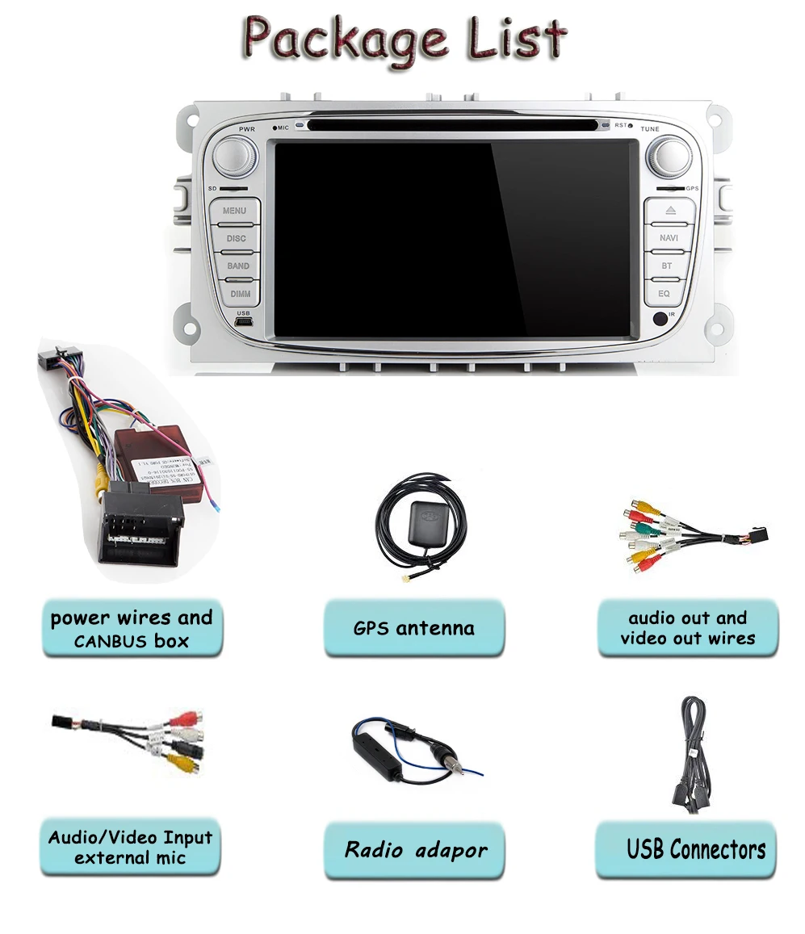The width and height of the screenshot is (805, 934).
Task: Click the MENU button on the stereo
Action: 235,211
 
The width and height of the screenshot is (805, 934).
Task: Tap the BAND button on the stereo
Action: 237,266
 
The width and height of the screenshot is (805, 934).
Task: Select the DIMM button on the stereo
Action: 239,293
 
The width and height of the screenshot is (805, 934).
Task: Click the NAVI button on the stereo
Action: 669,238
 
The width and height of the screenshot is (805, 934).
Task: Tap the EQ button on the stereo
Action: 664,293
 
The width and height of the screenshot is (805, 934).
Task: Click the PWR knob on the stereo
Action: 235,154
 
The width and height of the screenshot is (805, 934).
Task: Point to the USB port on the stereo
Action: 243,322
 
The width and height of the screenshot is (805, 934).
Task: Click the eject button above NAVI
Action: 669,211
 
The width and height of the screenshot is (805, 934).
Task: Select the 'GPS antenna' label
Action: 413,628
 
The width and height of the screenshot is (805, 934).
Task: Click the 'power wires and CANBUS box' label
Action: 131,630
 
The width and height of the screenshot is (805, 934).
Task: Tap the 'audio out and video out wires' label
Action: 687,628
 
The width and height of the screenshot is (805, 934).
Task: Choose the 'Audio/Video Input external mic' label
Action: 130,848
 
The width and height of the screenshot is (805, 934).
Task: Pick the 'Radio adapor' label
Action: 415,850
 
